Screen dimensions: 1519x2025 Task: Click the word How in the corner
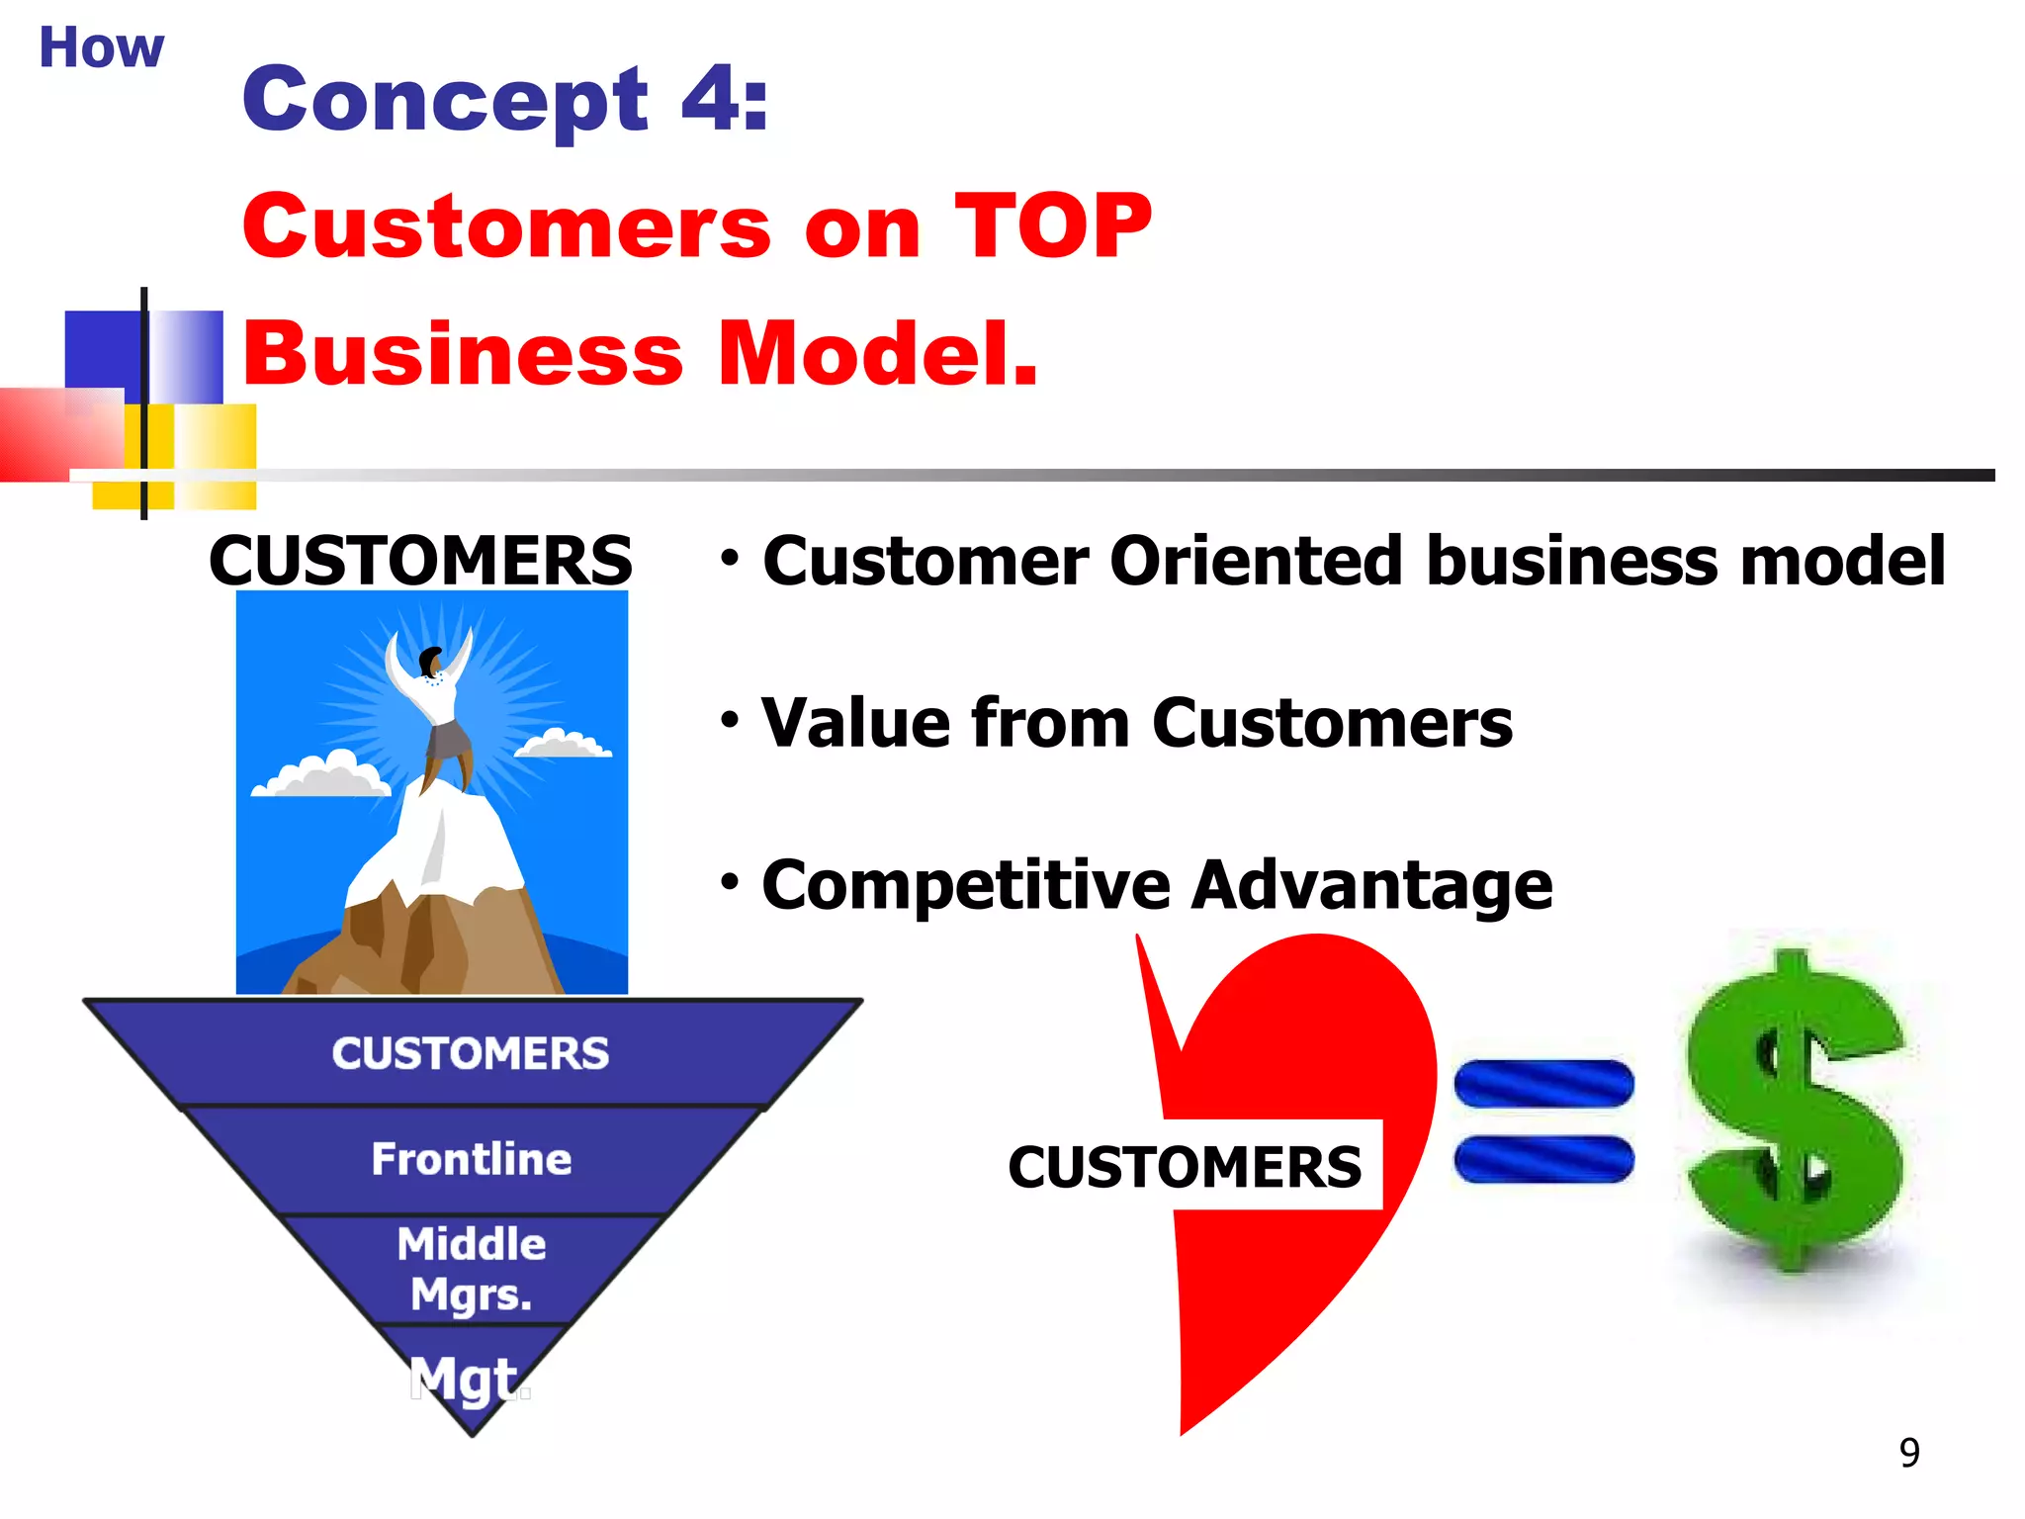tap(101, 47)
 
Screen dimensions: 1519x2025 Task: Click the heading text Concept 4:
tap(504, 99)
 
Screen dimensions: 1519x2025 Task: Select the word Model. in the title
tap(877, 353)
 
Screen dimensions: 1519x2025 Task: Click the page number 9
tap(1909, 1453)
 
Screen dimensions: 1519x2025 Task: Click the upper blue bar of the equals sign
tap(1543, 1083)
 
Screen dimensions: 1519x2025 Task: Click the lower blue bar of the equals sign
tap(1543, 1159)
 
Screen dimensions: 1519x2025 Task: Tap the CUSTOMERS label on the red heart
tap(1185, 1166)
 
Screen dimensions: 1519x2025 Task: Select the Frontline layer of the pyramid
tap(472, 1159)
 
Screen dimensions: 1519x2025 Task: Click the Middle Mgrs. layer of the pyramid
tap(472, 1269)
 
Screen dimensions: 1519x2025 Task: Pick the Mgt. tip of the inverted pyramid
tap(472, 1378)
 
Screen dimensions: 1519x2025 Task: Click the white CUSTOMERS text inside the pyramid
tap(471, 1053)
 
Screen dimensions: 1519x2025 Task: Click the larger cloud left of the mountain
tap(321, 776)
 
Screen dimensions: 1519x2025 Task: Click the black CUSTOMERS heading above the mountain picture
tap(420, 561)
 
